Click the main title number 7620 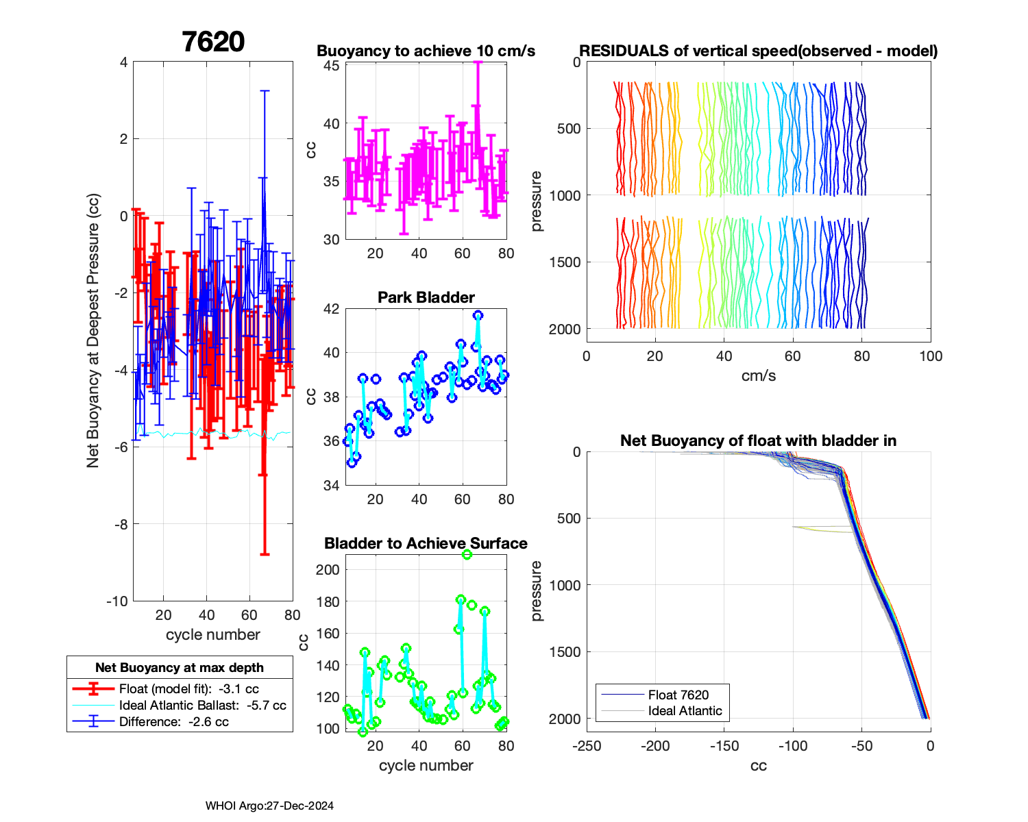click(x=213, y=42)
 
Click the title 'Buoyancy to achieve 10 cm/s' click(x=426, y=51)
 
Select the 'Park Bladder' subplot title click(x=426, y=297)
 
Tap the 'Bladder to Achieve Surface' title click(x=426, y=543)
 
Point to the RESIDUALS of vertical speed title click(x=758, y=51)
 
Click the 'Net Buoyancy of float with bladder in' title click(x=758, y=440)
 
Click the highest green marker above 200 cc click(x=467, y=555)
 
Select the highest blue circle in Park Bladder click(x=478, y=315)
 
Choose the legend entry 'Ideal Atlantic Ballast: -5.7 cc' click(x=202, y=706)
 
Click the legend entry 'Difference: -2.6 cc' click(x=173, y=722)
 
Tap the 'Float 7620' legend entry click(x=678, y=695)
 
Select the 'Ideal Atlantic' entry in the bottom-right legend click(x=685, y=711)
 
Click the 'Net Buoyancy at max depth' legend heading click(x=180, y=667)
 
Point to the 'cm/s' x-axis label click(x=758, y=375)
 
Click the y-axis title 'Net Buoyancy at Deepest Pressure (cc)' click(x=93, y=331)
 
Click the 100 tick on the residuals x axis click(x=930, y=356)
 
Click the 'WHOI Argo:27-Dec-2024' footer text click(x=269, y=806)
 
